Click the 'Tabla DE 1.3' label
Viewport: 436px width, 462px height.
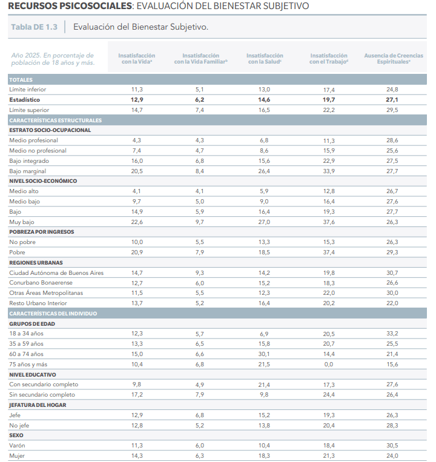click(x=34, y=27)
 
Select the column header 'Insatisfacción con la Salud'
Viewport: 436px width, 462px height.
click(x=265, y=58)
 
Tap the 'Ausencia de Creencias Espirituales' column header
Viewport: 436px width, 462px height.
click(x=394, y=58)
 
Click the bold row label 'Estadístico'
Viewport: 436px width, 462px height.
click(x=24, y=100)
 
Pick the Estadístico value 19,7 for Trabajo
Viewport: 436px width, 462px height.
click(x=328, y=100)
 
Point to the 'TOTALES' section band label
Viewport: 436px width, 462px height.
click(x=21, y=80)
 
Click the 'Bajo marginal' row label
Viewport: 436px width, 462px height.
click(x=28, y=171)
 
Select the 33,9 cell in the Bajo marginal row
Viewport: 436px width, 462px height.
click(x=329, y=171)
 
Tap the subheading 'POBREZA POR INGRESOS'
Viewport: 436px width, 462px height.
click(x=42, y=232)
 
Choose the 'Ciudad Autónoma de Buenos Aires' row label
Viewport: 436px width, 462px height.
click(x=56, y=273)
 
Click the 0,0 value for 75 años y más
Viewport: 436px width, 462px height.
click(x=328, y=365)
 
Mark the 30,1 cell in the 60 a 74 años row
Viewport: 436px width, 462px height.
click(x=264, y=354)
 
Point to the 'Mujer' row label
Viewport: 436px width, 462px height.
click(x=17, y=456)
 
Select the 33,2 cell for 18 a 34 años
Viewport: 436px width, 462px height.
click(x=392, y=334)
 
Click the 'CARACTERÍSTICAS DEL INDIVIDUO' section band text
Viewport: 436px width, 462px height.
click(x=53, y=314)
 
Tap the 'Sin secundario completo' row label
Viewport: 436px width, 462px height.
click(x=42, y=395)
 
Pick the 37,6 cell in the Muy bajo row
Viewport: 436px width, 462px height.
click(x=329, y=222)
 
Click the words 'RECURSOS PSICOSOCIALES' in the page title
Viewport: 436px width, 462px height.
click(x=70, y=6)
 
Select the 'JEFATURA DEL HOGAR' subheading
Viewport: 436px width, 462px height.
click(x=38, y=405)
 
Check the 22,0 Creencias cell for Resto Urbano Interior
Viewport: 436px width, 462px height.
click(x=392, y=303)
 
